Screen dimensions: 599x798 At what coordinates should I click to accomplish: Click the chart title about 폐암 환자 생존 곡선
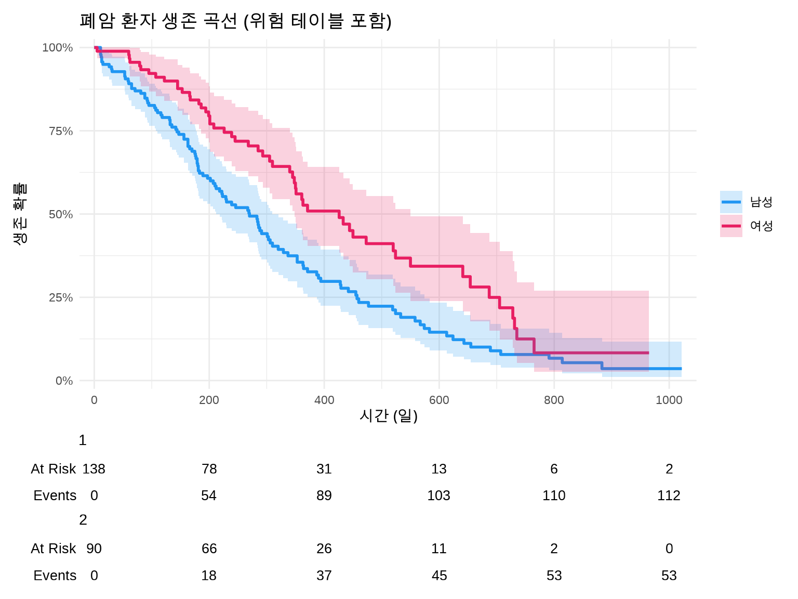(235, 21)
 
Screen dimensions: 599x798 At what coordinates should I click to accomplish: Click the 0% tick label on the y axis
(64, 381)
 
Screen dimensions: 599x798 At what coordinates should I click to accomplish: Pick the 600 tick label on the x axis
(439, 400)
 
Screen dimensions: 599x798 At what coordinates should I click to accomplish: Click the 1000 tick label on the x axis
(669, 400)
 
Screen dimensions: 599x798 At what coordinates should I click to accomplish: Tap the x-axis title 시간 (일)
(389, 415)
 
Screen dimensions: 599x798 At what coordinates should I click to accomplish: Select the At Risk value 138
(94, 469)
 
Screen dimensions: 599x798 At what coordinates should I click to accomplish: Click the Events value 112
(669, 496)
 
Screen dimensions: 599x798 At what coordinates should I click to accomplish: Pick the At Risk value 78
(209, 469)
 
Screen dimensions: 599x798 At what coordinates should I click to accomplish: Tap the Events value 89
(324, 496)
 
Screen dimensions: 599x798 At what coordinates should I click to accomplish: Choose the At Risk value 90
(94, 549)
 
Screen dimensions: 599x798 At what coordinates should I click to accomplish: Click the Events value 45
(439, 576)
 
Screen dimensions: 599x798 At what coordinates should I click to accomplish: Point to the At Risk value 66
(209, 549)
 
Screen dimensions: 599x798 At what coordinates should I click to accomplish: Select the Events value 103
(439, 496)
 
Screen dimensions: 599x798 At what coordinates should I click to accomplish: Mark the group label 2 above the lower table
(83, 520)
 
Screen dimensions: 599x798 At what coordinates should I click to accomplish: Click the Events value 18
(209, 576)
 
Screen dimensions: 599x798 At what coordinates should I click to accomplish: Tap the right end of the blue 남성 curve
(681, 369)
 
